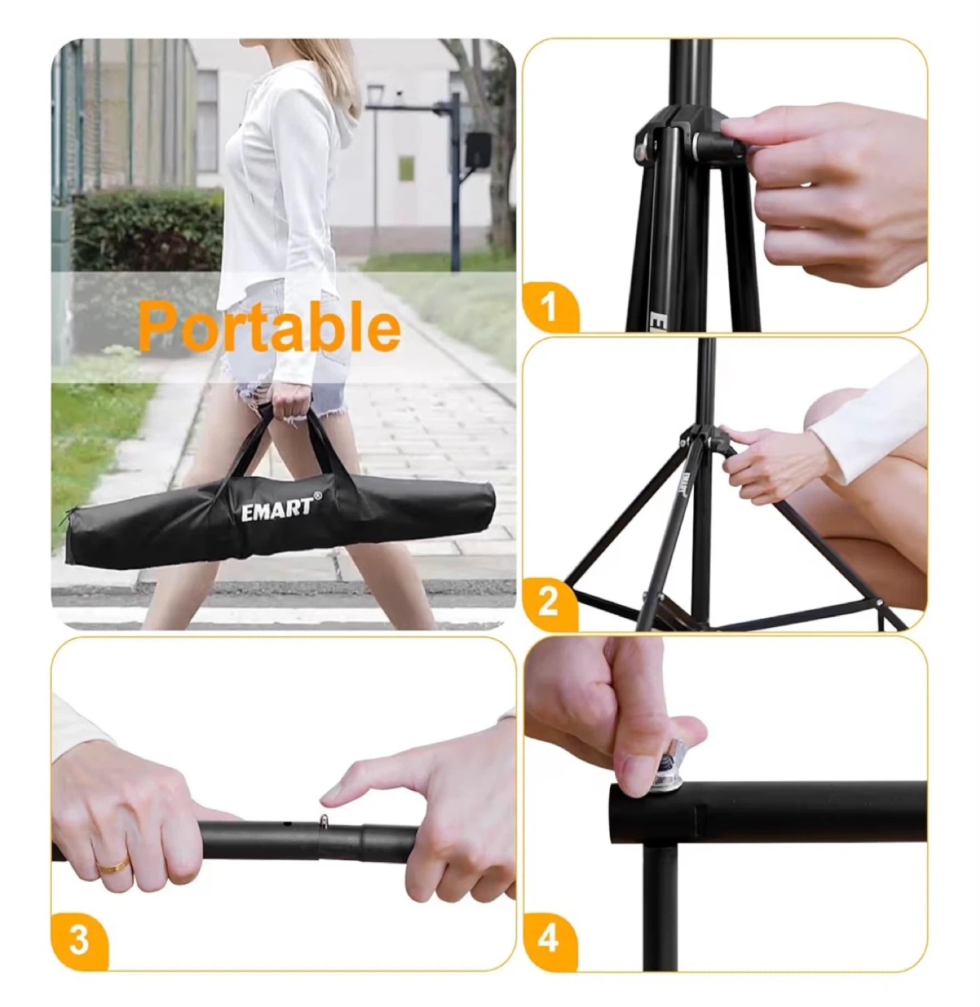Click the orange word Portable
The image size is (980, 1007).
pos(269,327)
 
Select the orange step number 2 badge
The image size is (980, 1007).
pos(548,603)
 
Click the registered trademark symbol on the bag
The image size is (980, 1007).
pos(318,494)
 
